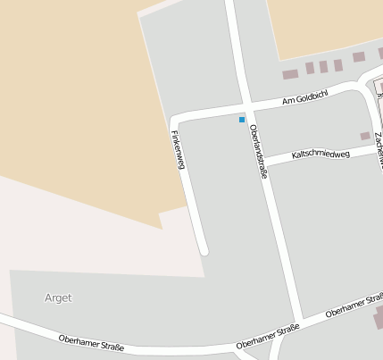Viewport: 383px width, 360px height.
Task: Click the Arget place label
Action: [57, 297]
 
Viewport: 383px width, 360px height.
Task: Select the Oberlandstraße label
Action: [259, 152]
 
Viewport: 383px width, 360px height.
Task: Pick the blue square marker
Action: [242, 119]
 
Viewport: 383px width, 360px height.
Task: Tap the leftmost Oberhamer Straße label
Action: [91, 342]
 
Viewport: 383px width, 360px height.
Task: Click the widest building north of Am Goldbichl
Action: [290, 74]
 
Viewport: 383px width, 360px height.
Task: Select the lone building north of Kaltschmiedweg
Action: [364, 136]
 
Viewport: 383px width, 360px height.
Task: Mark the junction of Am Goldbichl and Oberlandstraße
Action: [246, 106]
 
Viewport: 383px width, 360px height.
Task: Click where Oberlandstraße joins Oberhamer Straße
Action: [300, 323]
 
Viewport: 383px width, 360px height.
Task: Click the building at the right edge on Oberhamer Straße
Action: [379, 316]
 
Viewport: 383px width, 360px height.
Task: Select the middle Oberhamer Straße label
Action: [268, 338]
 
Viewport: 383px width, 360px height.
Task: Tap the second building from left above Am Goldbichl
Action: [310, 68]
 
